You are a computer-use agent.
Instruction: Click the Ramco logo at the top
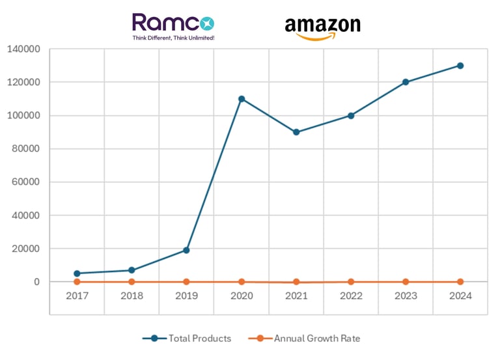coord(173,23)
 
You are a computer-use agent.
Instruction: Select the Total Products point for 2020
coord(242,99)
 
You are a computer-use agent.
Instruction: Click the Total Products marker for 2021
coord(296,132)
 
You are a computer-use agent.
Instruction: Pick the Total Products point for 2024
coord(460,66)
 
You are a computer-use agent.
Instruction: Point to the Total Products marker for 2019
coord(186,250)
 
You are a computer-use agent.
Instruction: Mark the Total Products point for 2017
coord(77,273)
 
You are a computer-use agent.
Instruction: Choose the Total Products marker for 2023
coord(406,82)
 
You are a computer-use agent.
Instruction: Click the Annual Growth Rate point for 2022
coord(351,282)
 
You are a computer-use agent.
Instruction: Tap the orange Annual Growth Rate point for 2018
coord(132,282)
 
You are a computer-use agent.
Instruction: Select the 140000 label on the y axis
coord(23,49)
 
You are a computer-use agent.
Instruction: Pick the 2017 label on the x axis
coord(77,295)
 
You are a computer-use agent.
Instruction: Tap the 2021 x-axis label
coord(296,295)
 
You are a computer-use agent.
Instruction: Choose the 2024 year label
coord(460,295)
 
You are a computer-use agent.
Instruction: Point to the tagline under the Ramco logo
coord(173,38)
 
